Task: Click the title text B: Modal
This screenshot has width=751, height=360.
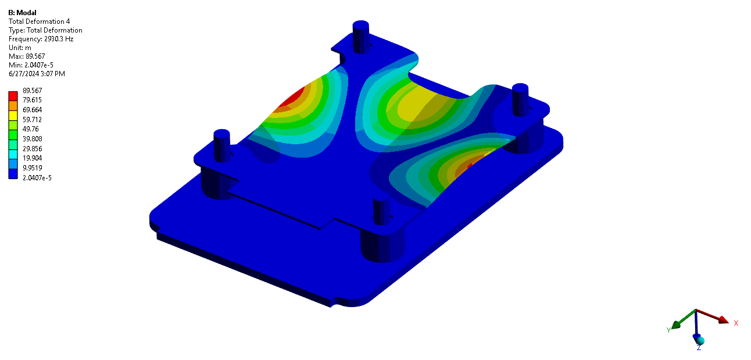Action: pos(22,13)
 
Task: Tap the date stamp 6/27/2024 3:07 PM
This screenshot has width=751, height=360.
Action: pos(37,74)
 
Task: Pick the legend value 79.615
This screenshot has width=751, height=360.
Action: pos(32,100)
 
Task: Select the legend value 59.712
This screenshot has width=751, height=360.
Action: pos(32,119)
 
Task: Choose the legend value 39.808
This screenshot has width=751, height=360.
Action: pos(32,139)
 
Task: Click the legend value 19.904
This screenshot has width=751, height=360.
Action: pos(32,158)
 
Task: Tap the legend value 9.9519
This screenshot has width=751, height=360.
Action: pos(32,167)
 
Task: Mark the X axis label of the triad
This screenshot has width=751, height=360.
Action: pos(736,323)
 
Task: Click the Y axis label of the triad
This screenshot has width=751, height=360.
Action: pos(668,330)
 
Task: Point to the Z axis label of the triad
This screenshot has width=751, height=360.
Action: pos(699,348)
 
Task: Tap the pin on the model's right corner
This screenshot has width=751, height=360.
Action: pos(519,98)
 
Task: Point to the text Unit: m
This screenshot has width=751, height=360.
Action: pos(20,48)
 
